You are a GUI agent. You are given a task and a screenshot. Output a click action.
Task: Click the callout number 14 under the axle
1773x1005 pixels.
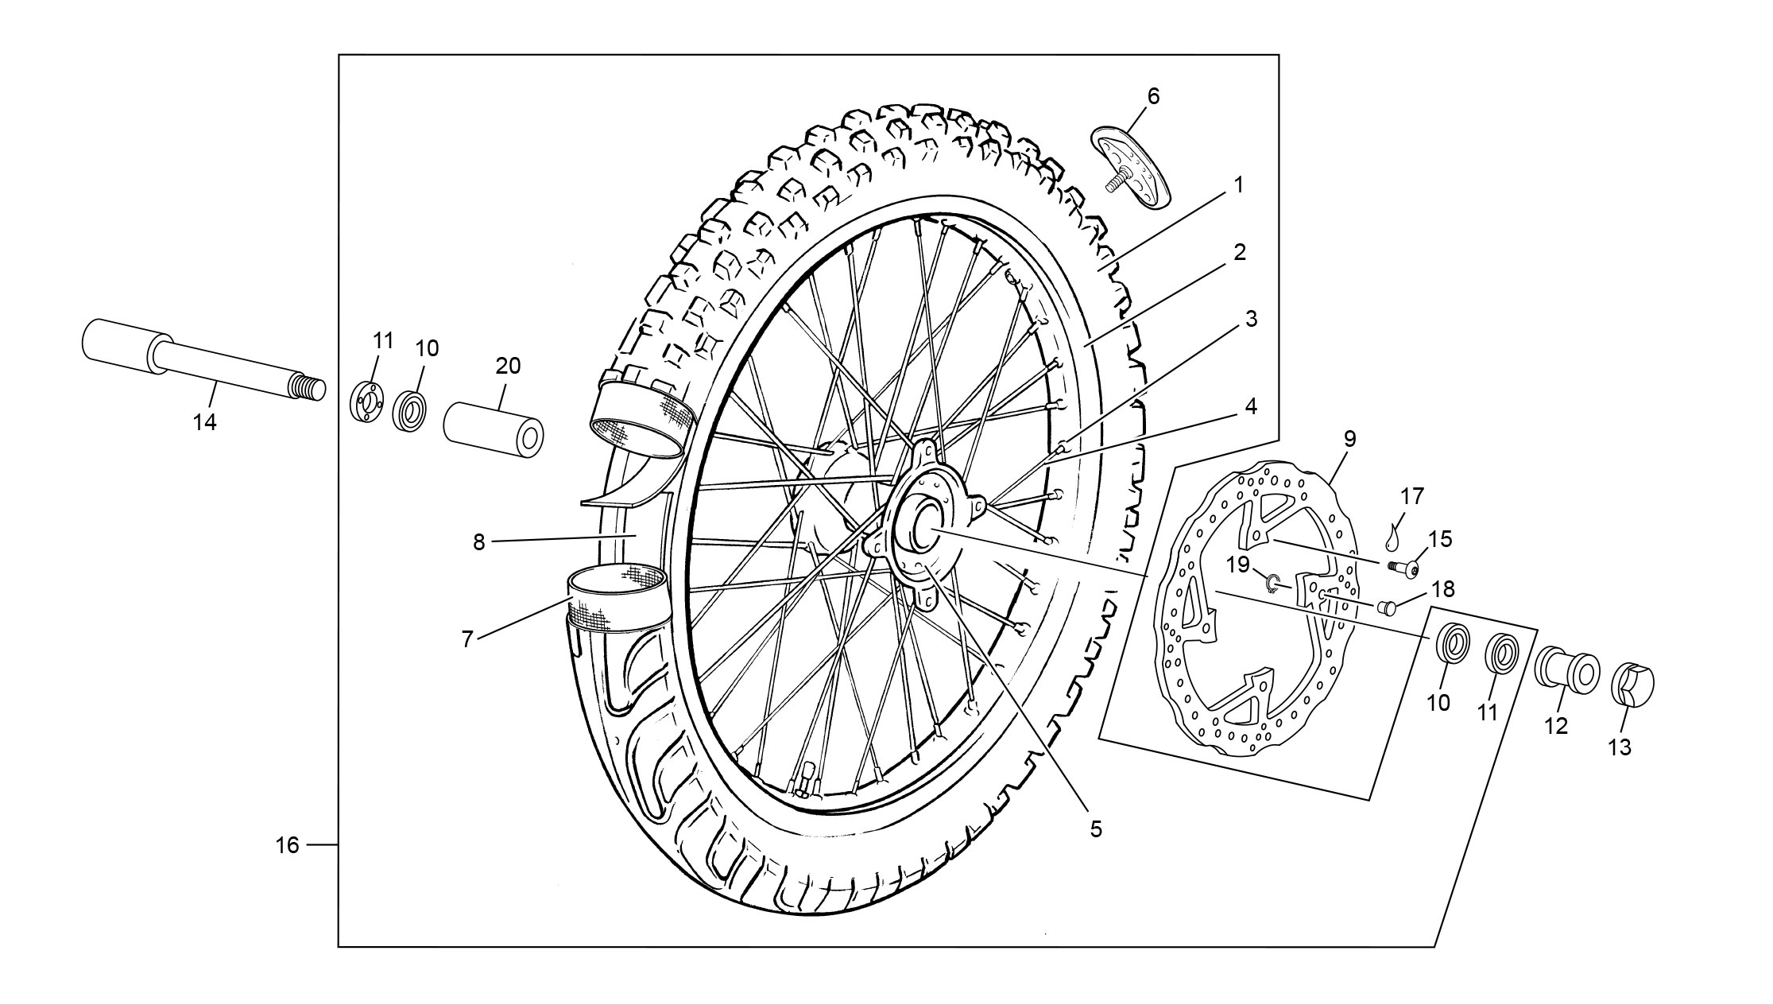click(205, 422)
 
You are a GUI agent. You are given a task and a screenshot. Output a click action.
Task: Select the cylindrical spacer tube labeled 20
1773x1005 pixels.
click(494, 430)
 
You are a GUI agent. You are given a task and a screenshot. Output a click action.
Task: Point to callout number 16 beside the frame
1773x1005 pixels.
click(288, 845)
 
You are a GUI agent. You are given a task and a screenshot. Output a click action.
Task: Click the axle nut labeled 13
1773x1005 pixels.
click(1632, 683)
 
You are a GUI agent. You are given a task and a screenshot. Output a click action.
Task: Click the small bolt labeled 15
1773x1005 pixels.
click(1405, 569)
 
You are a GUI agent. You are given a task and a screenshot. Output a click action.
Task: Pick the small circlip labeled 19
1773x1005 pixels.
click(1273, 584)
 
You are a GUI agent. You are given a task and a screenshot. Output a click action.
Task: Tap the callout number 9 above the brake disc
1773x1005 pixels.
click(1349, 438)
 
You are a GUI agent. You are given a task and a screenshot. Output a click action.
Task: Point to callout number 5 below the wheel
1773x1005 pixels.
click(1096, 829)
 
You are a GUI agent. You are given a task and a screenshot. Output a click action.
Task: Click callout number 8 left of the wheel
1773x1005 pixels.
click(478, 542)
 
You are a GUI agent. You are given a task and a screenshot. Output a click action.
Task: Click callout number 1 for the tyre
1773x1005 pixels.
click(1237, 184)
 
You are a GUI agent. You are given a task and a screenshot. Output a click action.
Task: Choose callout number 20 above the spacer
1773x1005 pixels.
click(508, 366)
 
